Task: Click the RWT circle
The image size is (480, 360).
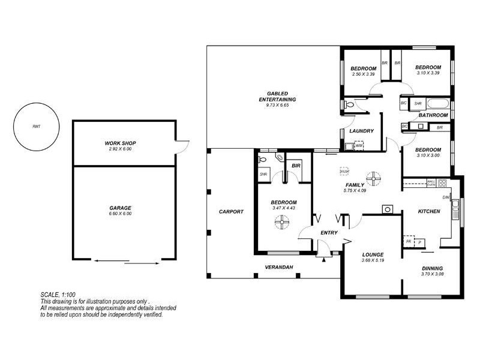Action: (x=37, y=127)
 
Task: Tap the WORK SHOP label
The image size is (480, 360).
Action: (x=121, y=143)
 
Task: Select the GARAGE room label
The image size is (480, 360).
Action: (x=121, y=208)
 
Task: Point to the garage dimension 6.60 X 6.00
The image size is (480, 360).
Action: (x=121, y=214)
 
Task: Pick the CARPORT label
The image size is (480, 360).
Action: (x=231, y=212)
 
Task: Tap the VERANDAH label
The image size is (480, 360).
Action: (x=279, y=267)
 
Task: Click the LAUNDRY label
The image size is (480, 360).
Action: (x=362, y=131)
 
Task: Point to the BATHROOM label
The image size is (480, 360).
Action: (x=433, y=115)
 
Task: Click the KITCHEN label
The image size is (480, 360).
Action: (x=429, y=211)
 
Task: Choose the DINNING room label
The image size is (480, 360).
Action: (x=432, y=268)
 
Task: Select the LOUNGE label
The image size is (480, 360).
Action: (x=373, y=254)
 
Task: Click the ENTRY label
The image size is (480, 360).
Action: (x=329, y=233)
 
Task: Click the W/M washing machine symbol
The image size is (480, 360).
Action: (x=359, y=145)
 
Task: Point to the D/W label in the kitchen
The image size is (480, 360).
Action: (x=446, y=197)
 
